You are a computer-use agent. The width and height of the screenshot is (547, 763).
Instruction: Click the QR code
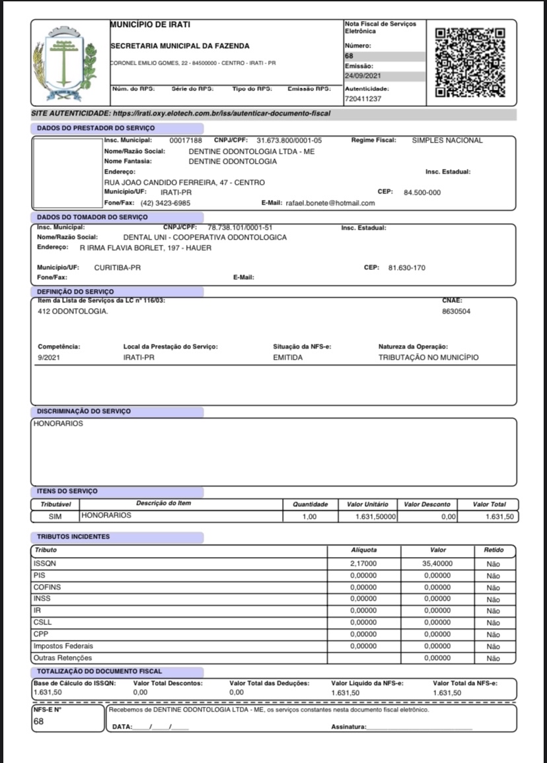point(470,61)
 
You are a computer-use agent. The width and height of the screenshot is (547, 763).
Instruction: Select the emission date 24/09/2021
point(363,76)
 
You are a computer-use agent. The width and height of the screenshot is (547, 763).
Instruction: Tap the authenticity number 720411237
point(363,98)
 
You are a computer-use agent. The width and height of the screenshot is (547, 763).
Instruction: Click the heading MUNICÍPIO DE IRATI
point(150,25)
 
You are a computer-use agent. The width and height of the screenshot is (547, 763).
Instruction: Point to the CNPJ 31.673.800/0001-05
point(289,141)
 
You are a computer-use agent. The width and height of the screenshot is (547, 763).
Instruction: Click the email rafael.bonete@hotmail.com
point(330,203)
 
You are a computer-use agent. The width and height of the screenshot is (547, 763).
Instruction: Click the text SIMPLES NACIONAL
point(447,141)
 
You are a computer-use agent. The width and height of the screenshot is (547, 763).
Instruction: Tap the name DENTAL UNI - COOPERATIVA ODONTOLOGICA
point(205,237)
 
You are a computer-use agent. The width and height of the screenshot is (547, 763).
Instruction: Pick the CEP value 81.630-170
point(406,268)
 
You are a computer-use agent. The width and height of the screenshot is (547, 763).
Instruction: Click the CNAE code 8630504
point(456,311)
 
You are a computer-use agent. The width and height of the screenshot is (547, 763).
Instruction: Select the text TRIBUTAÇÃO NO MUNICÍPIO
point(428,358)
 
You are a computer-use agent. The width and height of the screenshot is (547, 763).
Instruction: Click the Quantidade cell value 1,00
point(309,517)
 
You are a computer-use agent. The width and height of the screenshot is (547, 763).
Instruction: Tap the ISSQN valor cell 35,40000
point(437,564)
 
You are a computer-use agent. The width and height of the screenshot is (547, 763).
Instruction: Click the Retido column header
point(493,550)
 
